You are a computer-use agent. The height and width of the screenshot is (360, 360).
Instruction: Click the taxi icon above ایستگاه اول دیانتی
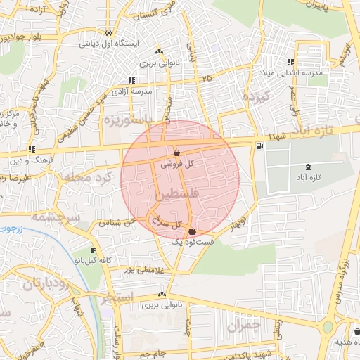pyautogui.click(x=108, y=32)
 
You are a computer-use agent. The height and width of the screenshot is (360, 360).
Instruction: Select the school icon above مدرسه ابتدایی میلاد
pyautogui.click(x=303, y=62)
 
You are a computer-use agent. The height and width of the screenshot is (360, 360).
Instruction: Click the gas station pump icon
pyautogui.click(x=260, y=146)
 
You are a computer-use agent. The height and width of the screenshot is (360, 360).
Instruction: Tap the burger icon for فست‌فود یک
pyautogui.click(x=192, y=231)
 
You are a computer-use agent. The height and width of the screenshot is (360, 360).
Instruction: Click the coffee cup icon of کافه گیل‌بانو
pyautogui.click(x=94, y=250)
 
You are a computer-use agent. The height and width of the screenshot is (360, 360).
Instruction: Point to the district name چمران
pyautogui.click(x=243, y=326)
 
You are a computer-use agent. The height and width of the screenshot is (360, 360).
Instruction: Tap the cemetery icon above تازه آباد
pyautogui.click(x=307, y=167)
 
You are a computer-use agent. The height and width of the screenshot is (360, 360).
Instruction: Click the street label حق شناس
pyautogui.click(x=113, y=224)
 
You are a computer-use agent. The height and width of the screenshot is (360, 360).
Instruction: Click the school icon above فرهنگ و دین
pyautogui.click(x=32, y=149)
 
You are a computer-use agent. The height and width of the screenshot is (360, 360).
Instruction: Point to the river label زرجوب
pyautogui.click(x=11, y=229)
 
